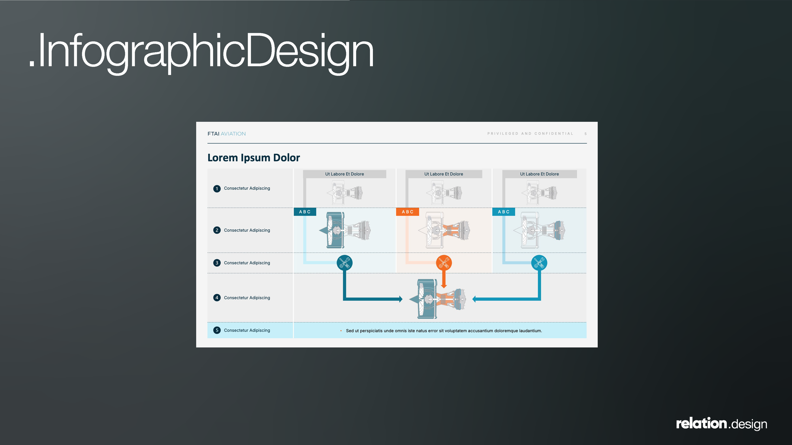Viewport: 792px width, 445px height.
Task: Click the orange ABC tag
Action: [x=407, y=212]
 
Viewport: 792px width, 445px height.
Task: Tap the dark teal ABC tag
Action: [x=305, y=212]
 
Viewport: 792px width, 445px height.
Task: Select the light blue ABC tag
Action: [x=503, y=212]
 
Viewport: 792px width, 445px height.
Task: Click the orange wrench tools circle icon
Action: [x=444, y=263]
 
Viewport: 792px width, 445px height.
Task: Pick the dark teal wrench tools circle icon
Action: [x=344, y=263]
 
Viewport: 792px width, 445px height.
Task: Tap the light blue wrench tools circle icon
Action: [x=539, y=263]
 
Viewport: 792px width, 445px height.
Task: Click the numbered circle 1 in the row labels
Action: [x=217, y=189]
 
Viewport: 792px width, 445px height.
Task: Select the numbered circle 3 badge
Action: [x=217, y=263]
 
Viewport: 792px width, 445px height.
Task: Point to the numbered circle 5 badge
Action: [x=217, y=330]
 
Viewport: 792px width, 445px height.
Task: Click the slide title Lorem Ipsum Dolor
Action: [x=253, y=158]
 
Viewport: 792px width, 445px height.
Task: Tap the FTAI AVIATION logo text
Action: [x=227, y=134]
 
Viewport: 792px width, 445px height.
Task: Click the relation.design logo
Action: [x=721, y=423]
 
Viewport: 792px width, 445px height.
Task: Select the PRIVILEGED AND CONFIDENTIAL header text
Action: [x=530, y=134]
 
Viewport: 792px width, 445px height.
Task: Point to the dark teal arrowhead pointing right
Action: [x=401, y=299]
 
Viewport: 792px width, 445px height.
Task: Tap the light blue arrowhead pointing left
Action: [x=474, y=299]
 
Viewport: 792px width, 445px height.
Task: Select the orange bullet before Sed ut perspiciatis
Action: [x=341, y=331]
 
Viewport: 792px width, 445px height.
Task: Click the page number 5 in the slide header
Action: [x=585, y=134]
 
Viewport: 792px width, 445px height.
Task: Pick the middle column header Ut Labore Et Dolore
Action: [x=444, y=174]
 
